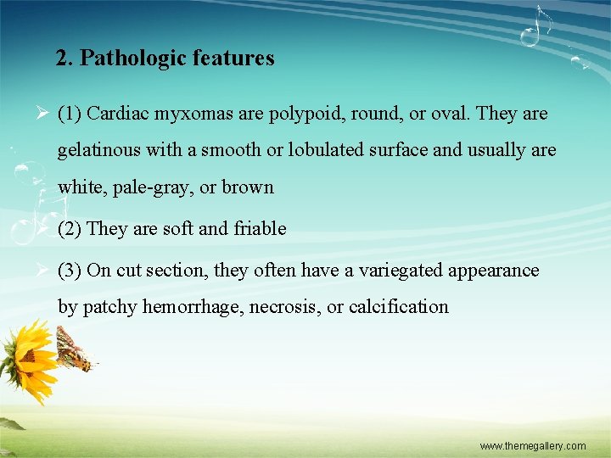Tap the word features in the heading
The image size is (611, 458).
pyautogui.click(x=233, y=59)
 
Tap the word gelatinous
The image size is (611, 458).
pyautogui.click(x=99, y=151)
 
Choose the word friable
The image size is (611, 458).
pyautogui.click(x=260, y=229)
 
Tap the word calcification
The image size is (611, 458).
pyautogui.click(x=398, y=307)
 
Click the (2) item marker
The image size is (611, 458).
pyautogui.click(x=70, y=229)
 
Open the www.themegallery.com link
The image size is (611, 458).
pyautogui.click(x=532, y=445)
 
